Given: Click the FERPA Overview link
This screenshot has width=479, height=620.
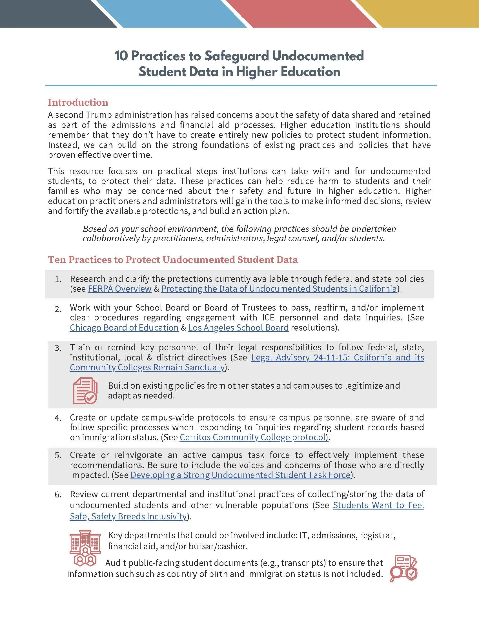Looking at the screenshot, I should point(119,289).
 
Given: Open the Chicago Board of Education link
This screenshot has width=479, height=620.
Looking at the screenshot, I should point(124,327).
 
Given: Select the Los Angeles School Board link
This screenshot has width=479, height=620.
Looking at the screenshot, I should point(238,327).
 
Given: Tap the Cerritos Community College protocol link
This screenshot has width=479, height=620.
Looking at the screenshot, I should point(253,437).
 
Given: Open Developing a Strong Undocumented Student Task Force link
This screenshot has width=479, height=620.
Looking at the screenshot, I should point(240,475).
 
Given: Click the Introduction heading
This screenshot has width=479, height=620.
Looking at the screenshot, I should point(78,102).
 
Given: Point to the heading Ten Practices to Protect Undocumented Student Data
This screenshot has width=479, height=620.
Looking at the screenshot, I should point(172,260).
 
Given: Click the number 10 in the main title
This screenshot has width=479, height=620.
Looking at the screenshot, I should point(121,56).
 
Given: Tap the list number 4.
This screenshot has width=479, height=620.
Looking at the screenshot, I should point(58,418).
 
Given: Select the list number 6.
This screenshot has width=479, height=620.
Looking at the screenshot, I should point(58,495).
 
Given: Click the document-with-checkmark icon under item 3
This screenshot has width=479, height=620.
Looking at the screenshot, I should point(85,390).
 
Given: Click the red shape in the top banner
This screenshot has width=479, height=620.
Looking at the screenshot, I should point(301,13).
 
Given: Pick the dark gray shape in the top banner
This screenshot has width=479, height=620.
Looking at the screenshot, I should point(51,13).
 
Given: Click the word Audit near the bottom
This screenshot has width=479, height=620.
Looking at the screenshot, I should point(116,563).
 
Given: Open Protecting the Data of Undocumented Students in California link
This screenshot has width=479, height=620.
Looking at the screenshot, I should point(279,289).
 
